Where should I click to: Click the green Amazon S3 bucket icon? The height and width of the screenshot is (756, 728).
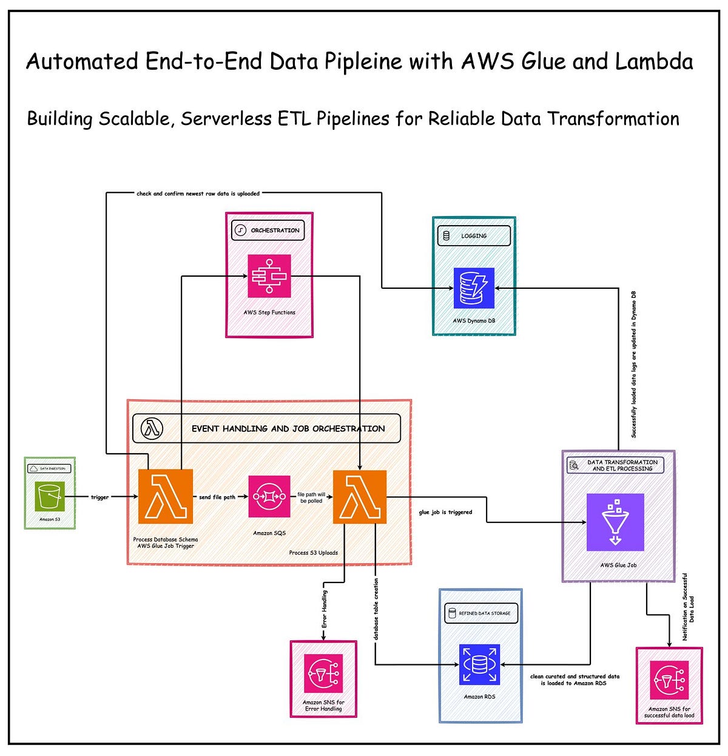[50, 496]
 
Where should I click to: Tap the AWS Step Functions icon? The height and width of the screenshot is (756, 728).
[269, 276]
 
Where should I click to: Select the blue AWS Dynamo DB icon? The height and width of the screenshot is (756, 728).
[474, 288]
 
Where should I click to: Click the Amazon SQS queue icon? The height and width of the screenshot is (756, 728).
[269, 496]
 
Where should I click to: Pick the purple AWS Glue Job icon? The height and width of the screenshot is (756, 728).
[615, 522]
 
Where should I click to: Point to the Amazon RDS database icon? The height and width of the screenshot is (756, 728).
[479, 664]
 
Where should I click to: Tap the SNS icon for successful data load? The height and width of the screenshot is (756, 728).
[669, 680]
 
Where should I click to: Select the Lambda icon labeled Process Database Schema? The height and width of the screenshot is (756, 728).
[166, 496]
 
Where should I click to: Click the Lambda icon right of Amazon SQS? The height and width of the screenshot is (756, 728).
[360, 496]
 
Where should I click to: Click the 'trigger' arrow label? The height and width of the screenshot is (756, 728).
[99, 497]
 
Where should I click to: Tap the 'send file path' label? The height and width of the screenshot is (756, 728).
[217, 497]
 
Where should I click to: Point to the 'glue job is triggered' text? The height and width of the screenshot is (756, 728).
[445, 512]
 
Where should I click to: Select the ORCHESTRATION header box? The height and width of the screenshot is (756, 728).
[268, 231]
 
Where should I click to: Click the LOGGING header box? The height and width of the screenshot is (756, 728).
[474, 236]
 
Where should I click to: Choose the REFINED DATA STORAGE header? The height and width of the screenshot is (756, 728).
[482, 613]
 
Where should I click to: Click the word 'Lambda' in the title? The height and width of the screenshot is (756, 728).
[655, 61]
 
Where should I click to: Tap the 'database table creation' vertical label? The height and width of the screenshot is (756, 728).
[376, 609]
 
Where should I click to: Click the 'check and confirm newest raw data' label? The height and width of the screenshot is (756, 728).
[198, 194]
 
